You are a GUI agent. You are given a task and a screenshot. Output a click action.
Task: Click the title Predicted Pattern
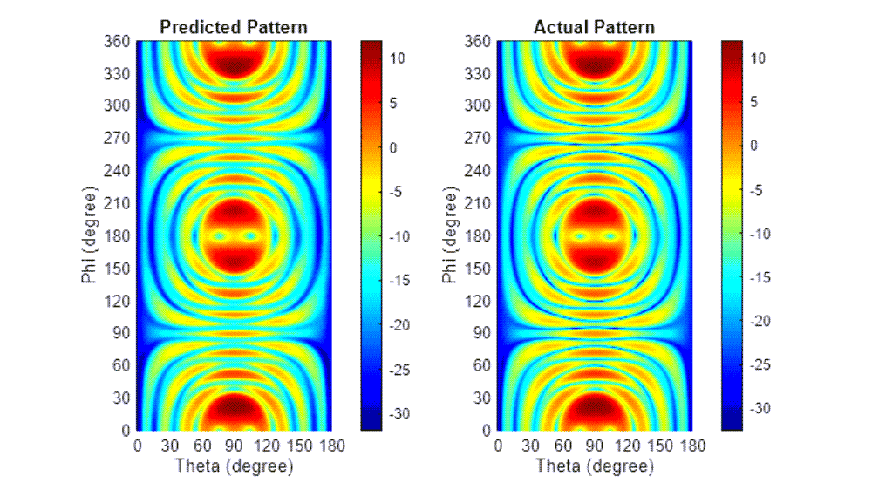(x=234, y=28)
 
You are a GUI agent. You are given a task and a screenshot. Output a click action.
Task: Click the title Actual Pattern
(x=594, y=28)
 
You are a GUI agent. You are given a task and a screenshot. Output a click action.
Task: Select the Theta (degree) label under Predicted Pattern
(x=234, y=466)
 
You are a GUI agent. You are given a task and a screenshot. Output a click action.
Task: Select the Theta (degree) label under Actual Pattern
(x=594, y=466)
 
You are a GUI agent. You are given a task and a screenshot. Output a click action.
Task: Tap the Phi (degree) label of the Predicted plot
(x=88, y=235)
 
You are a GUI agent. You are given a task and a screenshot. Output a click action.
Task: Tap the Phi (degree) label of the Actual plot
(x=449, y=235)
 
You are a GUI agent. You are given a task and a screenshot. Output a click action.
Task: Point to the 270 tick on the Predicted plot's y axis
(x=119, y=139)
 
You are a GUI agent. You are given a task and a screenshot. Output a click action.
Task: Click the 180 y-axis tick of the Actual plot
(x=480, y=236)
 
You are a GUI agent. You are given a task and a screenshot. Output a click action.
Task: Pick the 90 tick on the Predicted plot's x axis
(x=234, y=446)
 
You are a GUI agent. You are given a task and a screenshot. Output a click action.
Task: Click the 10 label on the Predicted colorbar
(x=379, y=58)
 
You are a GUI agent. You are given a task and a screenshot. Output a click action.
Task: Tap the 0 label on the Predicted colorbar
(x=381, y=147)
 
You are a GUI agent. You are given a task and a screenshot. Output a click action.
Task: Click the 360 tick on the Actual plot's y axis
(x=480, y=41)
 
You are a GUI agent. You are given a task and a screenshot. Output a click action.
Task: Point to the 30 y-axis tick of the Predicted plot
(x=122, y=398)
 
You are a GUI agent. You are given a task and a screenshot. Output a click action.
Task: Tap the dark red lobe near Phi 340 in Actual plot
(x=595, y=64)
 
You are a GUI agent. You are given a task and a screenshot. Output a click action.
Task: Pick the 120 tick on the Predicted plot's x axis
(x=266, y=446)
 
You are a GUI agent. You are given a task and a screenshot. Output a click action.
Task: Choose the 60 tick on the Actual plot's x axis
(x=562, y=446)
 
